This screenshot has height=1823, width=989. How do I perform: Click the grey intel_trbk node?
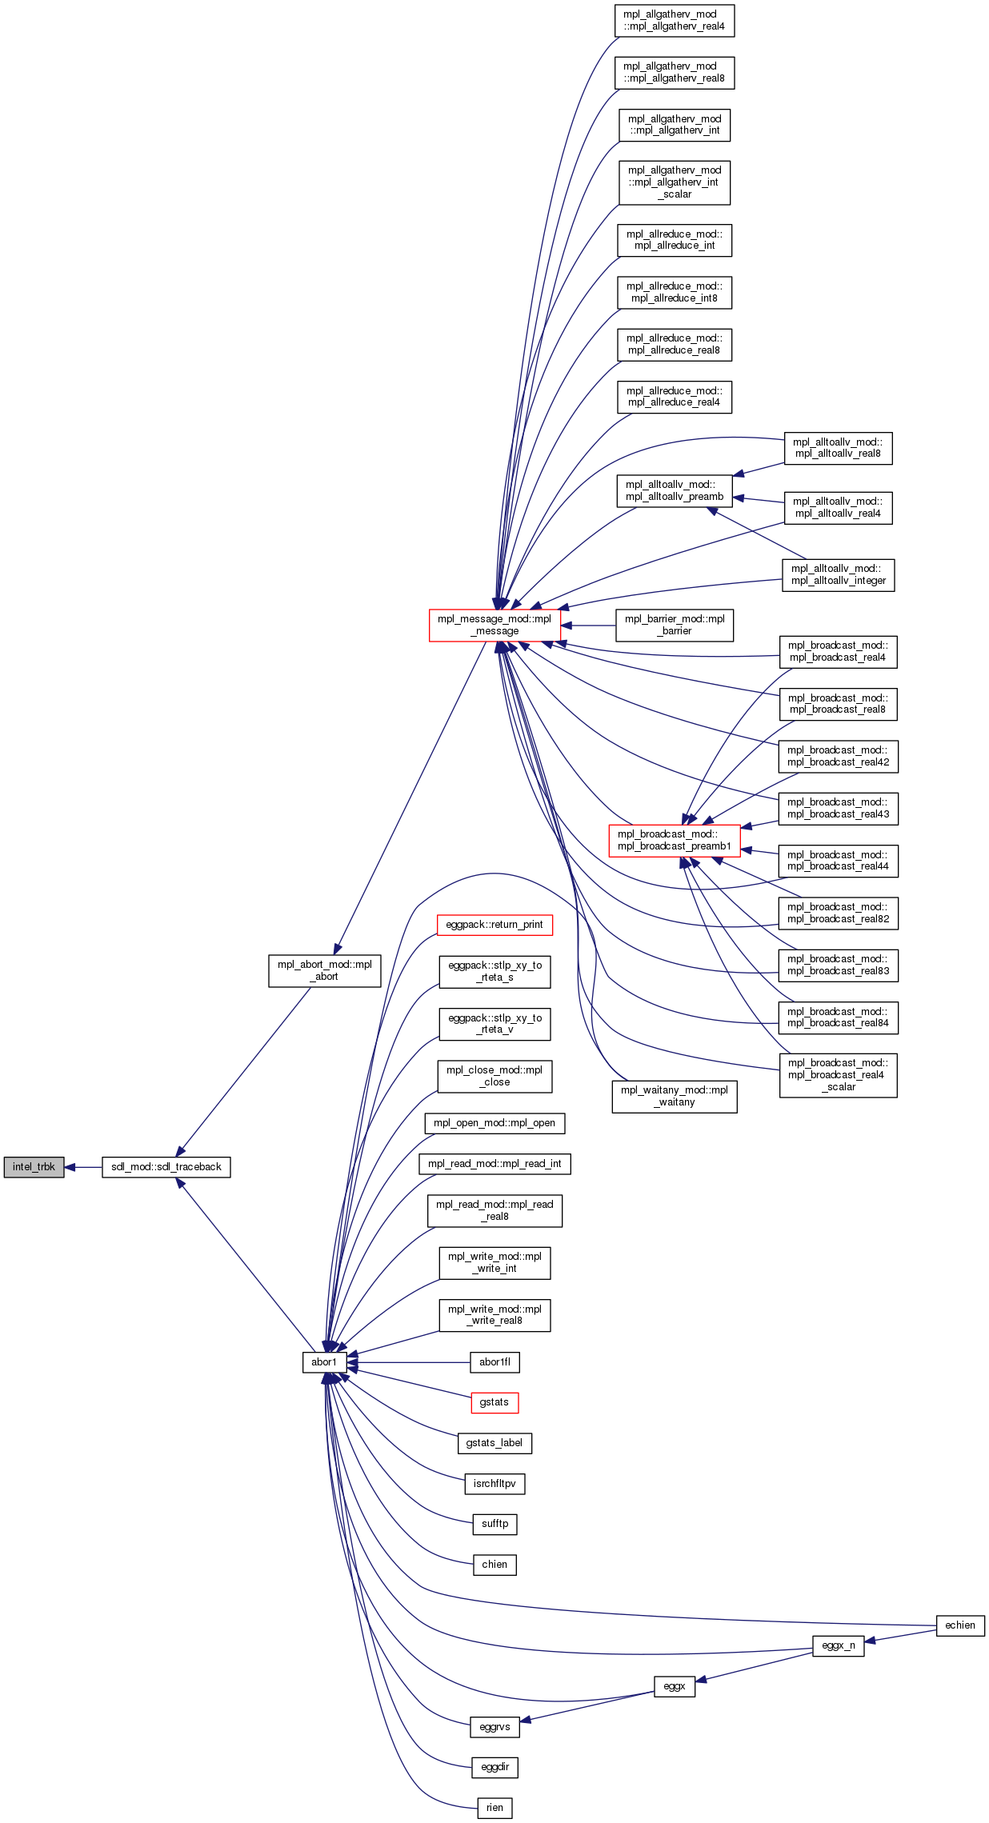tap(34, 1167)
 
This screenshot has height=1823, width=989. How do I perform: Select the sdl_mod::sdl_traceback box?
tap(166, 1167)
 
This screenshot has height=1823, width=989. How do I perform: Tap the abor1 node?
tap(324, 1362)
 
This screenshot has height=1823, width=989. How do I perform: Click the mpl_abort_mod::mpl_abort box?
tap(324, 970)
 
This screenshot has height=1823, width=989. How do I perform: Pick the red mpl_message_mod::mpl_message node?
tap(494, 625)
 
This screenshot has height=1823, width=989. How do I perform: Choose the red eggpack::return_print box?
tap(494, 925)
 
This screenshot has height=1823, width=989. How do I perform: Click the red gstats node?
tap(494, 1402)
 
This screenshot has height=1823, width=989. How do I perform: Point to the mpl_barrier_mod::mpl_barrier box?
tap(675, 625)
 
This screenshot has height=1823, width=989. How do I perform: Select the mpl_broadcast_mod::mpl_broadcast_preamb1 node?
tap(675, 840)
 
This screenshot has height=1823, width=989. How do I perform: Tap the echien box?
tap(960, 1625)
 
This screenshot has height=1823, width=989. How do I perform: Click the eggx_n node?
tap(839, 1645)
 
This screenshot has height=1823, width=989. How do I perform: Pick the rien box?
tap(494, 1808)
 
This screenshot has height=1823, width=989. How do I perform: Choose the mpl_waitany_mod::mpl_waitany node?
tap(675, 1096)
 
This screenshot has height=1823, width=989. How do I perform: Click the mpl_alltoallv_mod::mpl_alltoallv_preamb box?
tap(675, 490)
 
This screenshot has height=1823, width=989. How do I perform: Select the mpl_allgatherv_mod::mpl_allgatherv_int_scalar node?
tap(675, 182)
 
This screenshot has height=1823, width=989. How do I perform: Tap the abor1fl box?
tap(494, 1362)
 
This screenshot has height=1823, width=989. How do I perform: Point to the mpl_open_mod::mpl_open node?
tap(494, 1123)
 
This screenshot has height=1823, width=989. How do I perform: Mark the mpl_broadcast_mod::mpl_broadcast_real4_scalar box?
tap(838, 1075)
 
